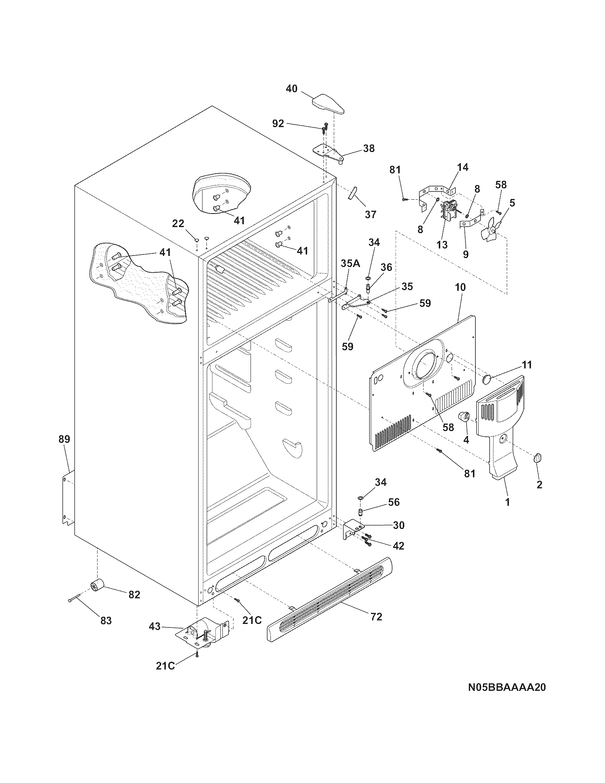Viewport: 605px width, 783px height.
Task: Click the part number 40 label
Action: click(291, 89)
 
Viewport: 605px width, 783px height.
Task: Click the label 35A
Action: click(350, 263)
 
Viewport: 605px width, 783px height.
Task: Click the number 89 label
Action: click(64, 439)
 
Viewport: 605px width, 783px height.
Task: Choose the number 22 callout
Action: click(178, 224)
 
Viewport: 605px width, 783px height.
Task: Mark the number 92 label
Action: click(278, 124)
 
